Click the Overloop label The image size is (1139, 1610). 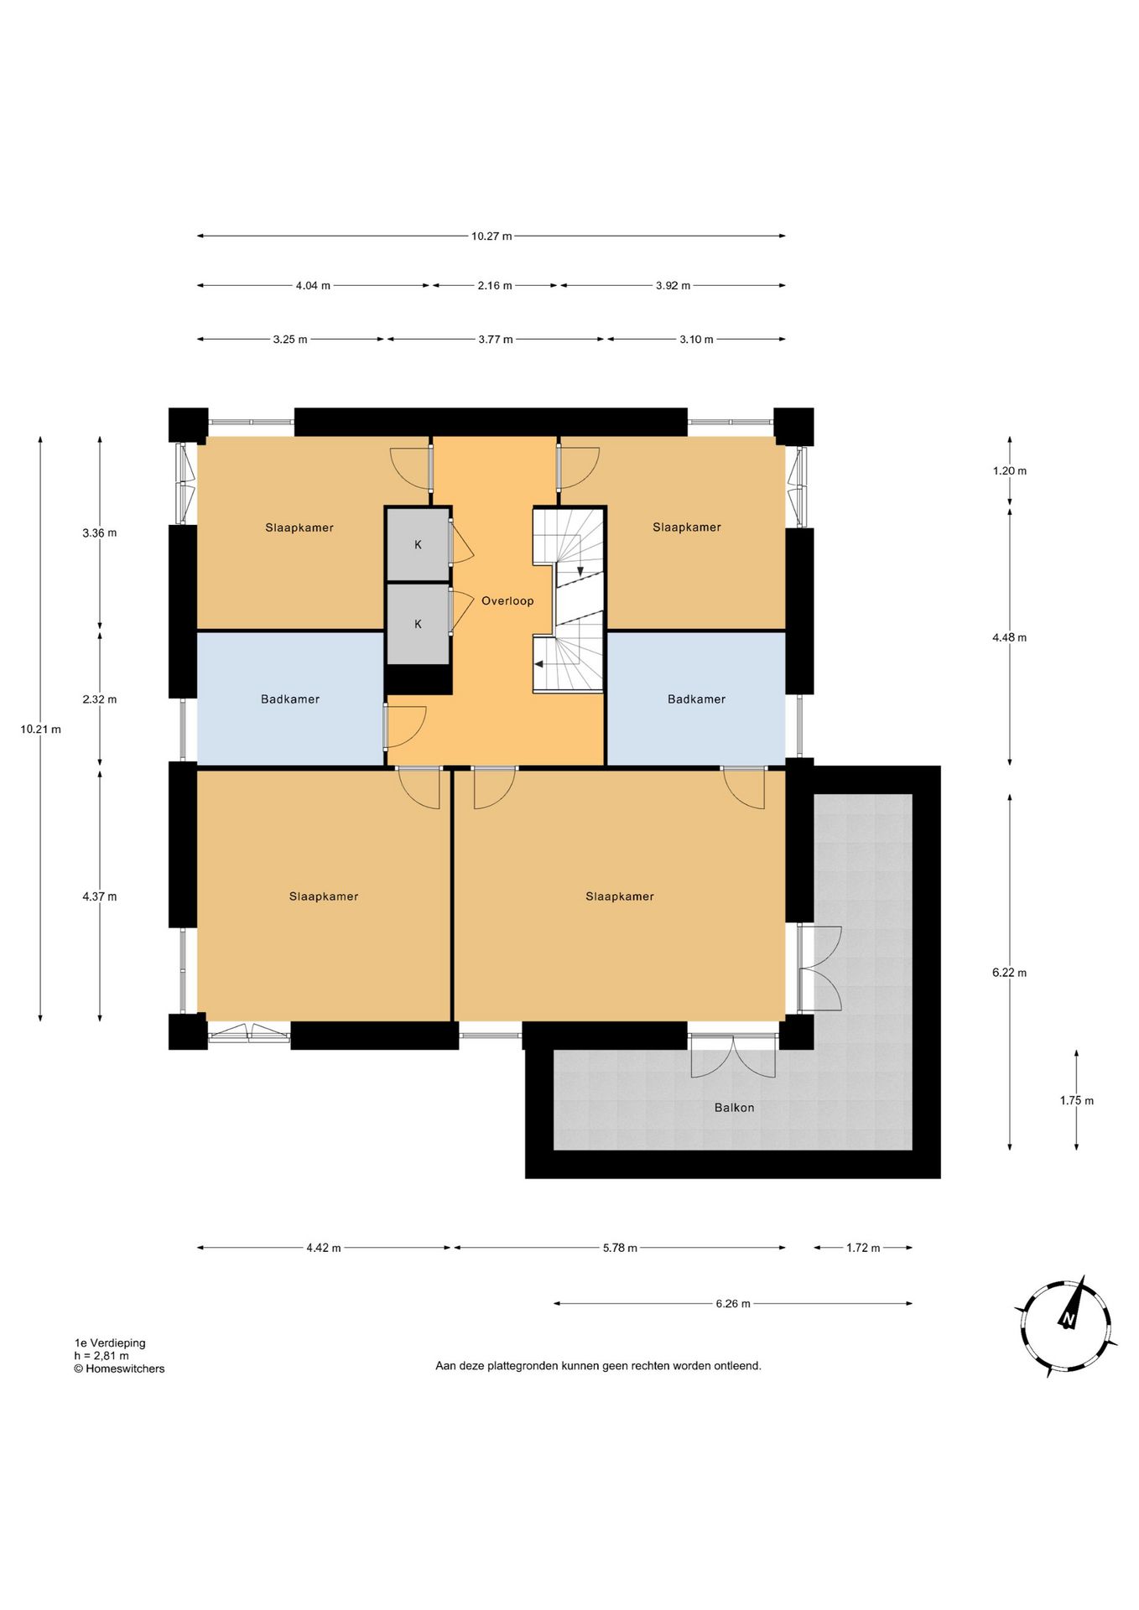(x=507, y=600)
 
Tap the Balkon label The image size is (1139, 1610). (x=734, y=1108)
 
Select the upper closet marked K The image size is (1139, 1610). (x=419, y=544)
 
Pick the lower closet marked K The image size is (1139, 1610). (x=419, y=624)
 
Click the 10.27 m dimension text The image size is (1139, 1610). (x=491, y=236)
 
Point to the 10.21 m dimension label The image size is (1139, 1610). (x=41, y=730)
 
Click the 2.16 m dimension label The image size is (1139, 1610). (x=495, y=286)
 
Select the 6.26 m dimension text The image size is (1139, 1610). (x=733, y=1304)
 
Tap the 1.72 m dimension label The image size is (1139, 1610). (x=863, y=1248)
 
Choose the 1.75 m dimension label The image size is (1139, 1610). (x=1077, y=1101)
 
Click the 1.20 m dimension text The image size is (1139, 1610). (x=1010, y=471)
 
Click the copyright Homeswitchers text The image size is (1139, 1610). (x=119, y=1368)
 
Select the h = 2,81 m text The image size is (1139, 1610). (x=101, y=1356)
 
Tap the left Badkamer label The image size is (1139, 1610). (x=290, y=699)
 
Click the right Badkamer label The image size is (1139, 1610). (x=696, y=699)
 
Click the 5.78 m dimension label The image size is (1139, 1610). (x=620, y=1248)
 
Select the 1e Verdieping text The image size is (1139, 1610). (x=110, y=1343)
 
